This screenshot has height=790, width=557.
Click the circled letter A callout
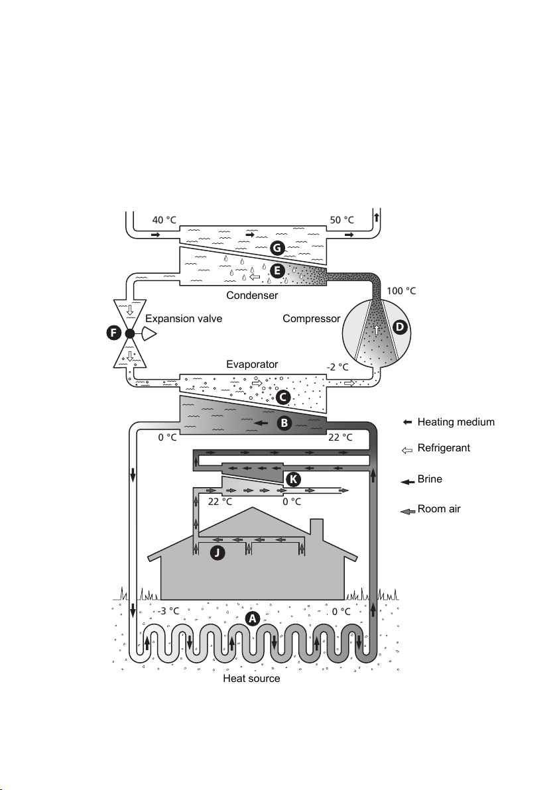[x=252, y=618]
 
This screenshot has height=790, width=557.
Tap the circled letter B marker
[x=284, y=423]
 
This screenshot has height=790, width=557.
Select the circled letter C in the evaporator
[x=283, y=397]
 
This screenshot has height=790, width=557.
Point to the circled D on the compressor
[x=400, y=327]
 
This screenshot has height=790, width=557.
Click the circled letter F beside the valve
[x=113, y=333]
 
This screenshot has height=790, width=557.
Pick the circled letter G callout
[x=277, y=248]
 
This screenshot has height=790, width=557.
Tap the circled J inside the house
[x=217, y=553]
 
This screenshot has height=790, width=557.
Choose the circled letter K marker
[x=293, y=479]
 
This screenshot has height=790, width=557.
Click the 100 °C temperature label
[x=401, y=291]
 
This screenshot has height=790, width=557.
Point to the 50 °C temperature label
[x=341, y=219]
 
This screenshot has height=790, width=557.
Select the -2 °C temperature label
[x=338, y=367]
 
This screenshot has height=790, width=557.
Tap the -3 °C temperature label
[x=168, y=610]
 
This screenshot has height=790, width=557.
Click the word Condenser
[x=252, y=295]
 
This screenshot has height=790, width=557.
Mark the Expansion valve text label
[x=184, y=318]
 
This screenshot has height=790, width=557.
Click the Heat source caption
[x=251, y=678]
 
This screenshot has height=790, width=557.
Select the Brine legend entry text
[x=430, y=479]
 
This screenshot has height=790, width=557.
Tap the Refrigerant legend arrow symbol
[x=407, y=450]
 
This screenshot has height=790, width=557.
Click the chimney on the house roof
[x=316, y=528]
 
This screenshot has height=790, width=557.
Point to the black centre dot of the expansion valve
[x=129, y=333]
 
